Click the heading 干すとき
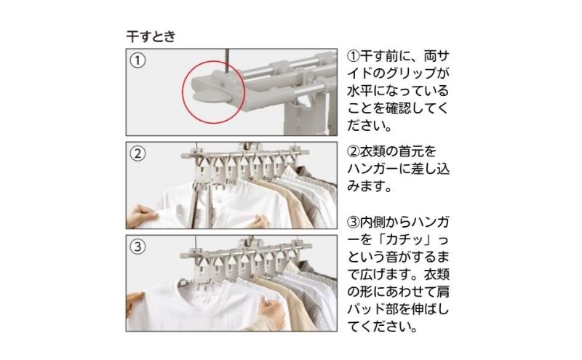click(151, 36)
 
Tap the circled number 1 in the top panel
click(137, 60)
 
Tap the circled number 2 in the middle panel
click(137, 153)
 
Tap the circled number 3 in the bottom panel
click(137, 247)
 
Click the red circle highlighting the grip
click(183, 92)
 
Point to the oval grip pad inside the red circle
click(210, 97)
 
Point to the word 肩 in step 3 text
click(442, 292)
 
